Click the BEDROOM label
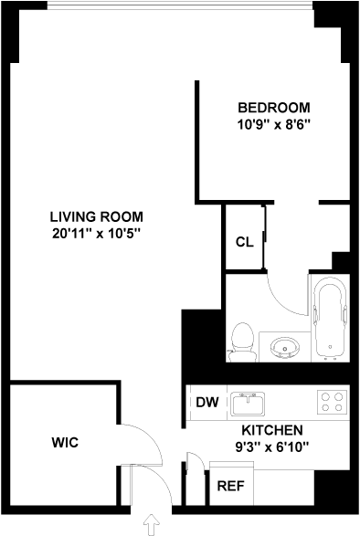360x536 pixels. pos(274,108)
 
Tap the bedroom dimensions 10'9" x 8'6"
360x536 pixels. pos(274,124)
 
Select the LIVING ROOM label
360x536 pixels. pos(97,217)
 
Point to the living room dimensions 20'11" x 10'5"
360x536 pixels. pos(97,234)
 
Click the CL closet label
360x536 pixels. pos(245,242)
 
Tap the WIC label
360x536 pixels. pos(65,442)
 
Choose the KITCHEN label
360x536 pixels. pos(272,430)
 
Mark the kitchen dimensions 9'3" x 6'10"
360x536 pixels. pos(272,447)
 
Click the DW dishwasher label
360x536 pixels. pos(207,402)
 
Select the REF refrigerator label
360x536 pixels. pos(231,486)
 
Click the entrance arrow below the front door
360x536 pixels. pos(151,525)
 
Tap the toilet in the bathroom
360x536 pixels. pos(243,342)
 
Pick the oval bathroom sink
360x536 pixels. pos(285,347)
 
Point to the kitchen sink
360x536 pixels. pos(248,404)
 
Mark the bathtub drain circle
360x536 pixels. pos(330,347)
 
